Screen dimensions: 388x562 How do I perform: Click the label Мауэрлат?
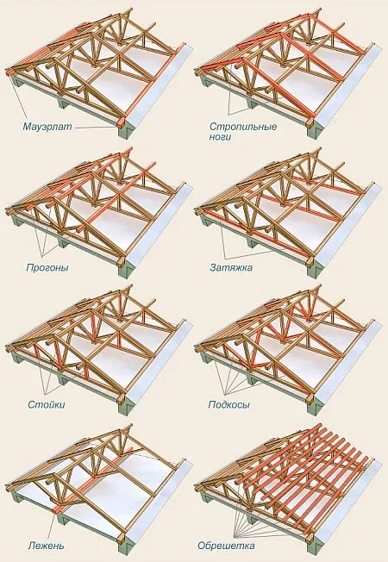(47, 127)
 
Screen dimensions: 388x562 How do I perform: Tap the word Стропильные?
(243, 127)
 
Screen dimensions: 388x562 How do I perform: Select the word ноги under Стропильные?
(221, 136)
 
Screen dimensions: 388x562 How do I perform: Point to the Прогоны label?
(47, 268)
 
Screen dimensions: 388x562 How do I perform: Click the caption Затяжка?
(231, 267)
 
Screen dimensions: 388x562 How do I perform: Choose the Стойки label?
(47, 404)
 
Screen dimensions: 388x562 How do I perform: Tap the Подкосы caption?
(228, 404)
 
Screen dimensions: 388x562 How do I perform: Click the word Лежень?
(47, 546)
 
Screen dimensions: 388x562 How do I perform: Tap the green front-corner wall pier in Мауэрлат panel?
(126, 131)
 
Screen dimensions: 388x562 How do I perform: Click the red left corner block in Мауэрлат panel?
(9, 72)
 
